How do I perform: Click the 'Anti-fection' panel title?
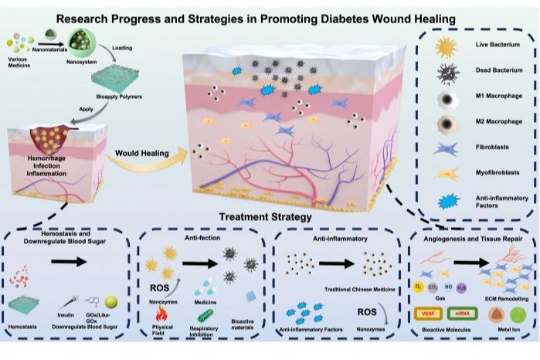click(x=196, y=239)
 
